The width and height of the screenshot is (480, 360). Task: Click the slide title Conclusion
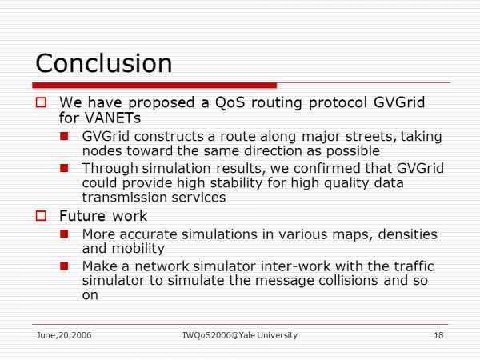(x=104, y=63)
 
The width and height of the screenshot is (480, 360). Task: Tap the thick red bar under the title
(x=154, y=86)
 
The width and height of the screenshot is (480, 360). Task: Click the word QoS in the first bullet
(x=230, y=102)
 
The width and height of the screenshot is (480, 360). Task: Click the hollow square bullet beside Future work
(x=41, y=216)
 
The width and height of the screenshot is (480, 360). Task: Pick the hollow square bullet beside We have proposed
(x=41, y=102)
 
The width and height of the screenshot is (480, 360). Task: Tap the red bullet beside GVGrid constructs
(x=64, y=136)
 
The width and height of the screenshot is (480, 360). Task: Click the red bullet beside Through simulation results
(x=64, y=168)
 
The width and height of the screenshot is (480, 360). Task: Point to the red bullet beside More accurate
(x=64, y=234)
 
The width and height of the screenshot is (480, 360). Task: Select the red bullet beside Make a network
(x=64, y=266)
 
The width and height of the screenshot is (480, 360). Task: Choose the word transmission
(x=125, y=198)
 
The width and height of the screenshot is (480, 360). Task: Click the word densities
(x=408, y=234)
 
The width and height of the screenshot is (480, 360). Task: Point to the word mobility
(x=138, y=249)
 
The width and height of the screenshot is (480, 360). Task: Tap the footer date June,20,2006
(x=64, y=335)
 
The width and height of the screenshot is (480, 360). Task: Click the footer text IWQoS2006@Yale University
(x=240, y=335)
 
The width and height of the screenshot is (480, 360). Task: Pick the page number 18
(x=438, y=335)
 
